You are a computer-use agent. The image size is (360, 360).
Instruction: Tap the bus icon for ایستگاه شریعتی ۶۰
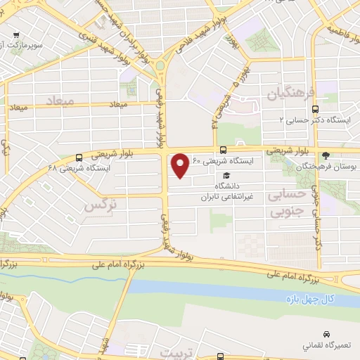click(x=223, y=149)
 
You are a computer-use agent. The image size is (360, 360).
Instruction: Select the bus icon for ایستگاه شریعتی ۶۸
click(x=78, y=157)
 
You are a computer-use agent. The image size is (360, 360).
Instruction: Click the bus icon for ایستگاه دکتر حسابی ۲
click(x=315, y=109)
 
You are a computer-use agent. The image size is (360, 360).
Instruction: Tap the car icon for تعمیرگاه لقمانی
click(x=326, y=333)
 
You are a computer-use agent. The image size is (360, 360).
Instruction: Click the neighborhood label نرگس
click(x=99, y=205)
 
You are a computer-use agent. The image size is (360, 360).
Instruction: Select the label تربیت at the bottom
click(x=176, y=351)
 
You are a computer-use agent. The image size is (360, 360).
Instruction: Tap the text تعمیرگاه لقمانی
click(x=325, y=347)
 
